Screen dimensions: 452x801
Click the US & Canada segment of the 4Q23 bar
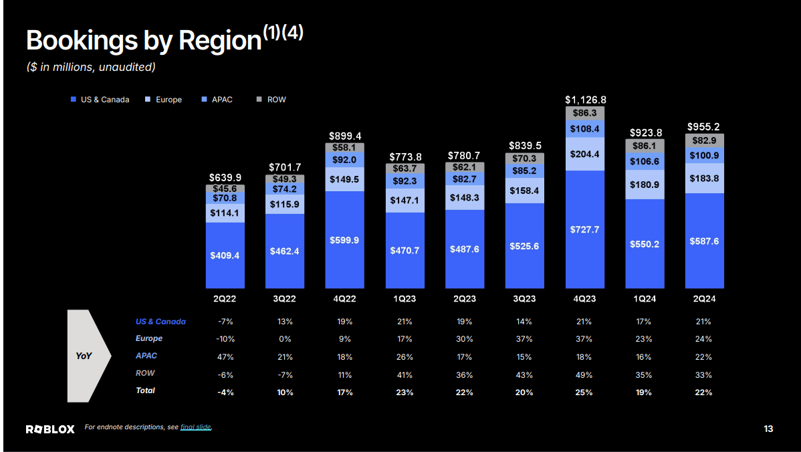click(584, 229)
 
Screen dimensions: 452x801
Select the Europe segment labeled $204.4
click(584, 154)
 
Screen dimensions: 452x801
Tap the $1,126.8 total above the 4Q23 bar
click(585, 100)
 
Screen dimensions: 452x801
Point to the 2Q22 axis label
click(225, 299)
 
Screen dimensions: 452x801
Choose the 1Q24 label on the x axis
click(644, 299)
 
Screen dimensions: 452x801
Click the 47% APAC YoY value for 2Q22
click(225, 356)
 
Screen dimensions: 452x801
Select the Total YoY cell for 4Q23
click(584, 392)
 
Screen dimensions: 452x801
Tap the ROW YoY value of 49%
click(584, 374)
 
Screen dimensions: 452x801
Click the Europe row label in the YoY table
click(149, 339)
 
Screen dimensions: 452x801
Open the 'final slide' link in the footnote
click(196, 427)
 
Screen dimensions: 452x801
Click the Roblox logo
click(50, 429)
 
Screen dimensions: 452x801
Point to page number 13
click(768, 429)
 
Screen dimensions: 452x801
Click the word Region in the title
click(220, 41)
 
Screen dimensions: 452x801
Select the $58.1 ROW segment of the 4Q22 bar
click(344, 147)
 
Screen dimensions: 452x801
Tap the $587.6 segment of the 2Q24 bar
click(704, 241)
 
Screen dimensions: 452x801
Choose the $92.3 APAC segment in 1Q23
click(405, 181)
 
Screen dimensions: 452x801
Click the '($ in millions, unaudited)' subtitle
click(91, 67)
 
